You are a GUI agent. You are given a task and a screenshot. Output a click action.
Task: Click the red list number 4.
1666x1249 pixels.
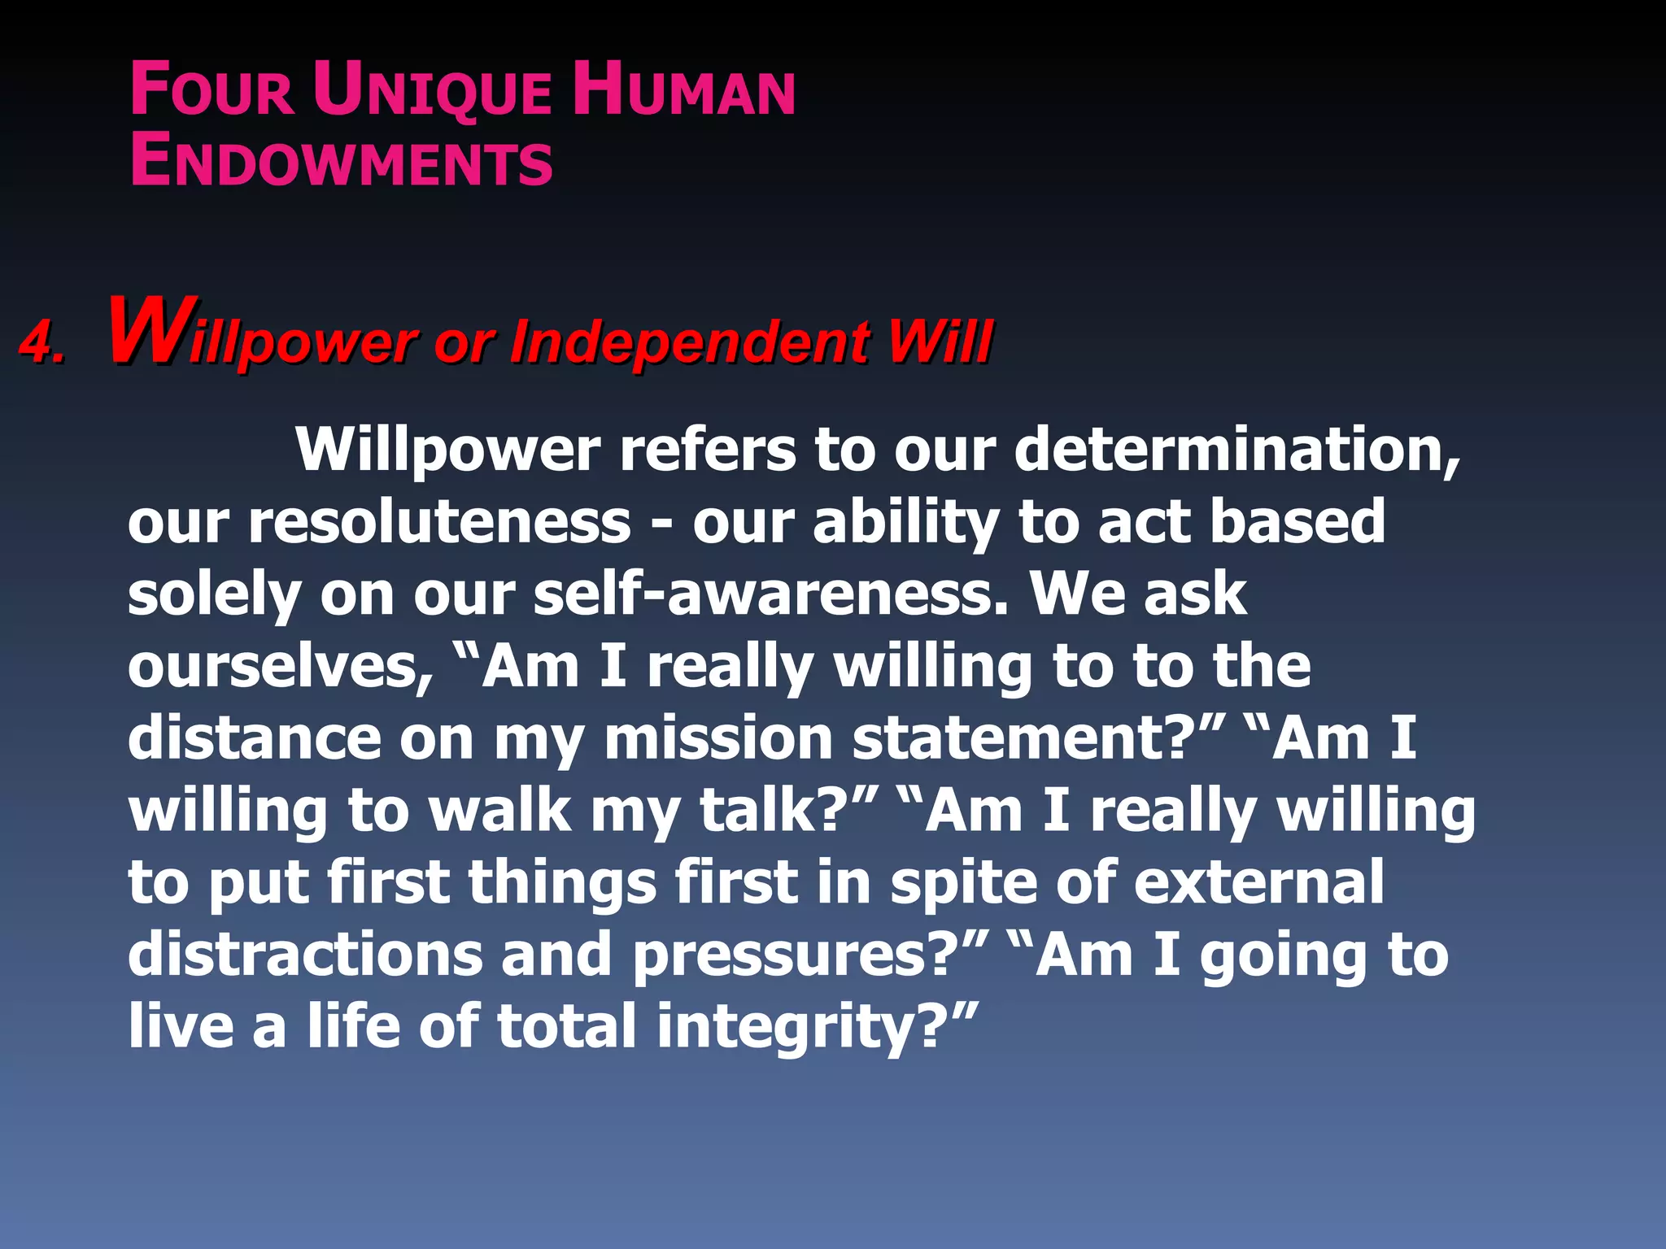[41, 342]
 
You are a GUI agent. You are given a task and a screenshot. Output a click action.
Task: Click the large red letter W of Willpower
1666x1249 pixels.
[150, 333]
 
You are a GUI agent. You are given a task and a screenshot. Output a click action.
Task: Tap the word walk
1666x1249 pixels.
[500, 810]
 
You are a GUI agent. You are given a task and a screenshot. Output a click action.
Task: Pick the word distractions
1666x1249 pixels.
[306, 954]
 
